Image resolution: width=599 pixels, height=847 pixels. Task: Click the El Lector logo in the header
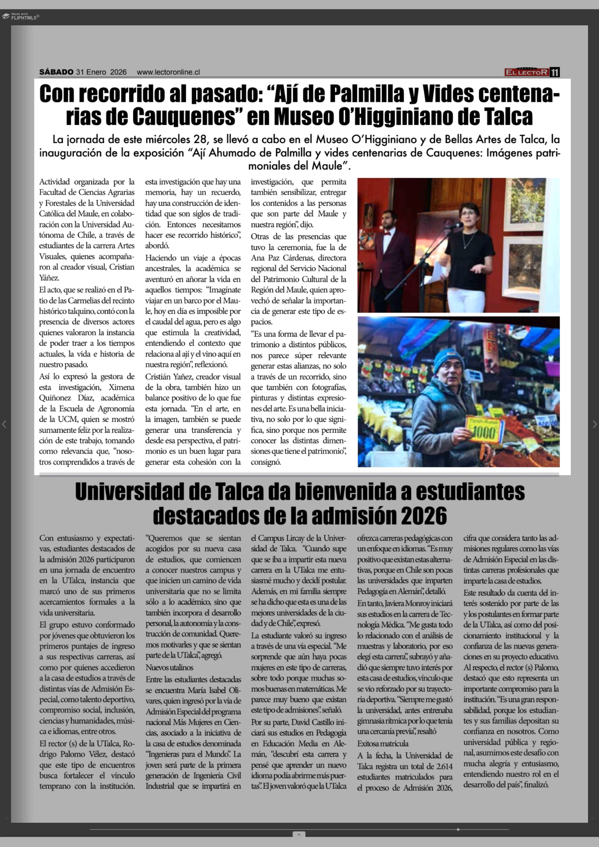[x=527, y=72]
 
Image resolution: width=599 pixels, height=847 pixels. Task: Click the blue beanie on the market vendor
[x=448, y=359]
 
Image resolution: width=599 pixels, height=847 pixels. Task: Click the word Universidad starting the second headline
[x=140, y=492]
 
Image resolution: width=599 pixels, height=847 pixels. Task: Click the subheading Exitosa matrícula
[x=382, y=743]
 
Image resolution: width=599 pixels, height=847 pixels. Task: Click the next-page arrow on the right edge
[x=594, y=424]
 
